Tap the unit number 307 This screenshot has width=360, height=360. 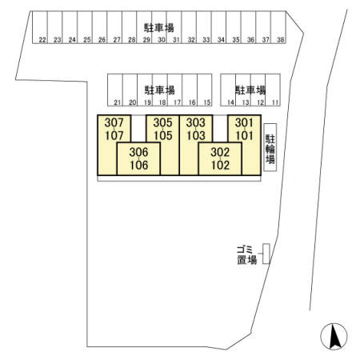click(114, 122)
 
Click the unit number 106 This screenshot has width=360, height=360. click(139, 165)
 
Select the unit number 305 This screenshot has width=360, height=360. click(162, 122)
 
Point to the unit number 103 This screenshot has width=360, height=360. click(196, 135)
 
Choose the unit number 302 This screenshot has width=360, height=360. click(220, 152)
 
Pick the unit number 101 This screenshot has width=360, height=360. click(244, 135)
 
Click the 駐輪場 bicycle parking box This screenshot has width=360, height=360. click(270, 147)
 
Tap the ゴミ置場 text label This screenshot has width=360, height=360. click(247, 255)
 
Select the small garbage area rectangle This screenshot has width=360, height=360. click(266, 254)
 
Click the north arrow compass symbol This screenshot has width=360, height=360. click(334, 336)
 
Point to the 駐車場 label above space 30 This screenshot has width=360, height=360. click(159, 28)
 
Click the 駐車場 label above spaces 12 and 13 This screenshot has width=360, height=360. click(250, 90)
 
